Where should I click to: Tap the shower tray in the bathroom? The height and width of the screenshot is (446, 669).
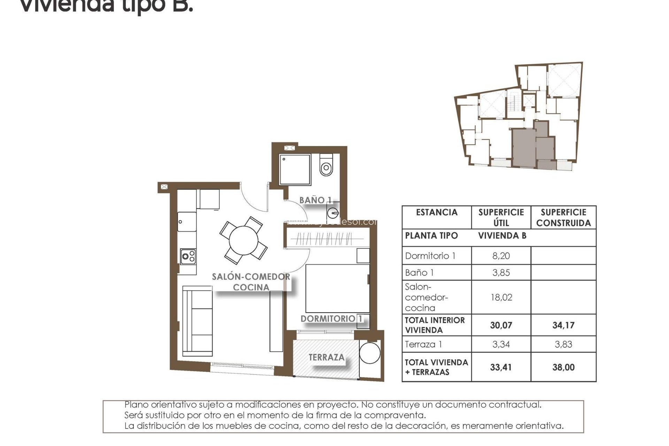pyautogui.click(x=295, y=170)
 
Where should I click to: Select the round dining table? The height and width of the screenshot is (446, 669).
pyautogui.click(x=244, y=240)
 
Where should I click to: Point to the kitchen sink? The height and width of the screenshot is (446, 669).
pyautogui.click(x=187, y=222)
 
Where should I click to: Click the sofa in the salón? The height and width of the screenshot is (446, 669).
pyautogui.click(x=198, y=321)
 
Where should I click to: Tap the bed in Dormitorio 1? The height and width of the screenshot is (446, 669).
pyautogui.click(x=337, y=289)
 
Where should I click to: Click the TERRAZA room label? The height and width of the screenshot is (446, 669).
pyautogui.click(x=326, y=357)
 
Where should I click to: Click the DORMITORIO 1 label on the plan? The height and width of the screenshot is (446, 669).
pyautogui.click(x=331, y=319)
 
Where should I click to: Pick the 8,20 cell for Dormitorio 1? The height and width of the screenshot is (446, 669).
pyautogui.click(x=501, y=256)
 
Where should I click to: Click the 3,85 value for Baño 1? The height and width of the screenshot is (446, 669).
pyautogui.click(x=501, y=272)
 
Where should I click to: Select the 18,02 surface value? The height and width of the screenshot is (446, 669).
pyautogui.click(x=501, y=297)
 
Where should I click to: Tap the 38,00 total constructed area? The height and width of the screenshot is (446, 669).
pyautogui.click(x=563, y=367)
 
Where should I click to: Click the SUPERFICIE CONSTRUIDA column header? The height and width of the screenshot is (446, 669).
pyautogui.click(x=563, y=217)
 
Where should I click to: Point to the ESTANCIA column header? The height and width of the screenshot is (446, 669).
pyautogui.click(x=437, y=213)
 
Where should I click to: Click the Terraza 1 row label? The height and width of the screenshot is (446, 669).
pyautogui.click(x=423, y=344)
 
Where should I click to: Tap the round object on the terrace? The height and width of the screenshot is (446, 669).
pyautogui.click(x=370, y=353)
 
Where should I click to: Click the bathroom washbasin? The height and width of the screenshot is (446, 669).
pyautogui.click(x=333, y=212)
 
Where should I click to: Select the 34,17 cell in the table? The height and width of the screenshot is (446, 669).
pyautogui.click(x=563, y=325)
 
